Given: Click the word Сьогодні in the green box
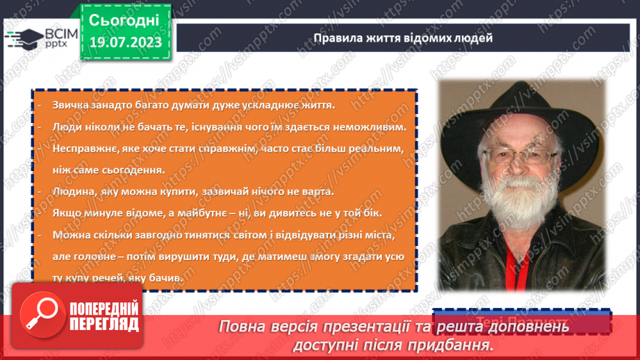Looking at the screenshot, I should tap(124, 19).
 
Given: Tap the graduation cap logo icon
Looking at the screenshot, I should tap(20, 39).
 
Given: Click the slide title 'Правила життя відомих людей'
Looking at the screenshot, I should tap(402, 38).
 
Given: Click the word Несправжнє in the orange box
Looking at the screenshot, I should tap(83, 149).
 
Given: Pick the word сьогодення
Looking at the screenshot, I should tap(135, 170).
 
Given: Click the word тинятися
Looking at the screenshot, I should tap(182, 235).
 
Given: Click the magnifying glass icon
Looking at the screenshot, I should tap(40, 313).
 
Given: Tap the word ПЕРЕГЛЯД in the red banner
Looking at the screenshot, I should tap(102, 324).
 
